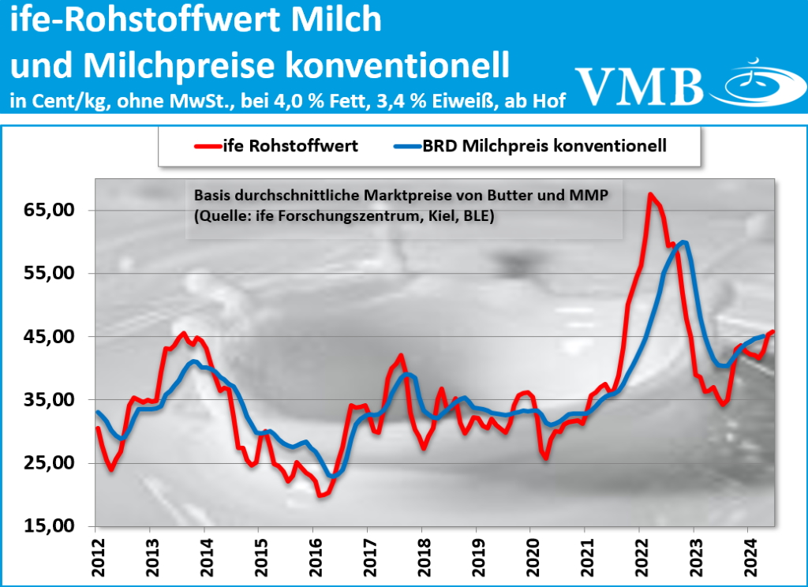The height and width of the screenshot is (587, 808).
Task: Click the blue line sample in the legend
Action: pyautogui.click(x=413, y=146)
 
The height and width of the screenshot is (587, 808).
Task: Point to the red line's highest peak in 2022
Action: pyautogui.click(x=649, y=194)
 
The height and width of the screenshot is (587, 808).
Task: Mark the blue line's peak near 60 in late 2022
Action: pyautogui.click(x=683, y=242)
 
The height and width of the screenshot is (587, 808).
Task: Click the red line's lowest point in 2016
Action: pyautogui.click(x=320, y=495)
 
